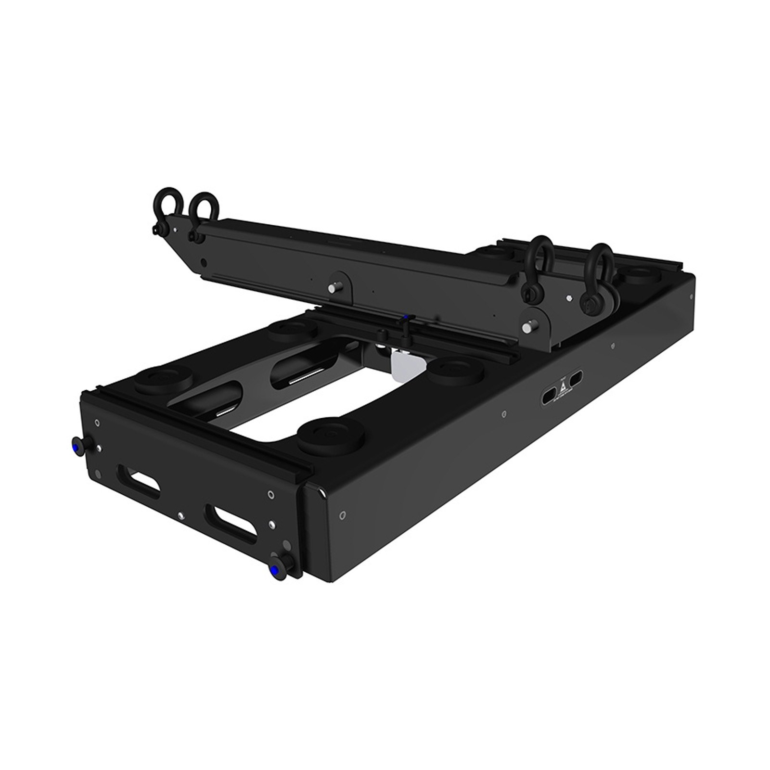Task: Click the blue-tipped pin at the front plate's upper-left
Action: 77,443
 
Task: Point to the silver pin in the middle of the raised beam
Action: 332,288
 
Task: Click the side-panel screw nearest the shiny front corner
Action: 342,515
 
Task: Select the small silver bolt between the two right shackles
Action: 571,299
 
